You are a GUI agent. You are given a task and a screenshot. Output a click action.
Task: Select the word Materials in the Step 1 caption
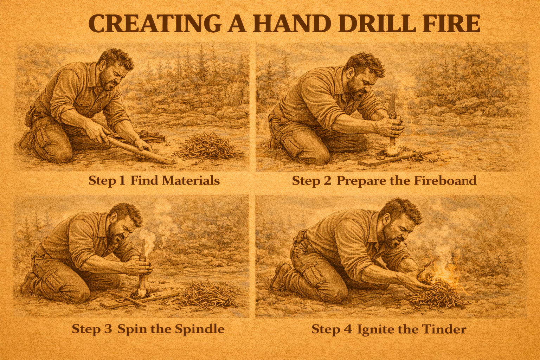click(191, 181)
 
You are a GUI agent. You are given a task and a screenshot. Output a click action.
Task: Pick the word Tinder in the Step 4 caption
click(442, 329)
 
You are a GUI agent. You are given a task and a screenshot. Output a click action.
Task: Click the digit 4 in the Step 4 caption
click(348, 329)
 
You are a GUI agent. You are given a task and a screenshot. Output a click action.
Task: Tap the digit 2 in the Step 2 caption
click(327, 181)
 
